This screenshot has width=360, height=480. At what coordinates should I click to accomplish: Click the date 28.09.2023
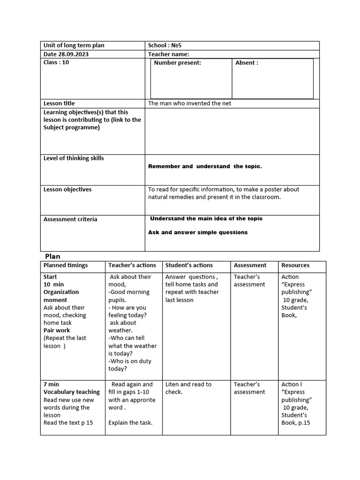click(74, 54)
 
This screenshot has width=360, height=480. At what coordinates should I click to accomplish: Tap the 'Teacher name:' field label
click(168, 54)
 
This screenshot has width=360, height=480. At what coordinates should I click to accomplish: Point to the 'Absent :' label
click(246, 63)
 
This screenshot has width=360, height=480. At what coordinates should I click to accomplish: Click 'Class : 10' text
click(56, 62)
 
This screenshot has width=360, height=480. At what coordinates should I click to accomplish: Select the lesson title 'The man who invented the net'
click(189, 103)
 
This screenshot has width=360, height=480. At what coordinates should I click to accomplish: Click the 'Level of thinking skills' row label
click(74, 158)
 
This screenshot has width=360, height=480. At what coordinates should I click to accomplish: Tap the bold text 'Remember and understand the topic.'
click(205, 166)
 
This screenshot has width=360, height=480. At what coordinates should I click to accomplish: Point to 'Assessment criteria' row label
click(70, 219)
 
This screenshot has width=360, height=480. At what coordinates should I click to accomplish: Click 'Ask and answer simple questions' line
click(198, 232)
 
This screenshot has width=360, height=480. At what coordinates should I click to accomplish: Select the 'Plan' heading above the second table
click(52, 256)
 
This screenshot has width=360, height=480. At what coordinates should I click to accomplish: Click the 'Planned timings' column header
click(66, 265)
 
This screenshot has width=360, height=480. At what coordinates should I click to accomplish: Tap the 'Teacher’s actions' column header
click(132, 265)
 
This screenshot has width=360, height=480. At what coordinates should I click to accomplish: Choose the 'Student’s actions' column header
click(189, 265)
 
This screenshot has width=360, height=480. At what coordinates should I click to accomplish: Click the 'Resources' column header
click(295, 265)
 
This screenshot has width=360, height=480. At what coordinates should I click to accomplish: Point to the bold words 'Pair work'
click(57, 330)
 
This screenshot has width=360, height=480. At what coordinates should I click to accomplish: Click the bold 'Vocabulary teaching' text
click(72, 392)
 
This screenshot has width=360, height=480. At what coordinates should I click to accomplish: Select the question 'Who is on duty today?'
click(129, 365)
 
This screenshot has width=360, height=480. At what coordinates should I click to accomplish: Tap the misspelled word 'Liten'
click(172, 384)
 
